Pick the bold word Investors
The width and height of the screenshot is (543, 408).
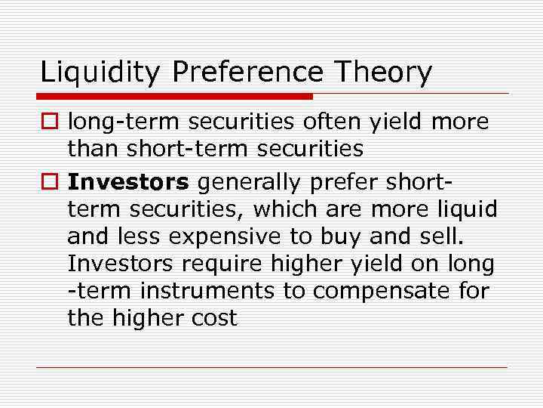click(x=128, y=181)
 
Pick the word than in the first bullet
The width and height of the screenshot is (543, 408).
click(x=94, y=149)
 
